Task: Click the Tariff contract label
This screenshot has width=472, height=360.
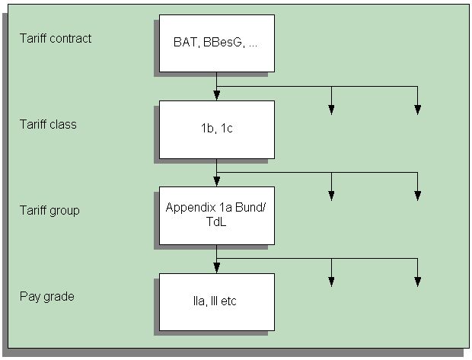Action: tap(56, 38)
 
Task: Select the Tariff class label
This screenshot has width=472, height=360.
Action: tap(48, 124)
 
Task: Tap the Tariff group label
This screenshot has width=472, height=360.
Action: tap(49, 210)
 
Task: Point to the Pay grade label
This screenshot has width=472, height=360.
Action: tap(47, 296)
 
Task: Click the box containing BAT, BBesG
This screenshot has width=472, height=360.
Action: tap(216, 43)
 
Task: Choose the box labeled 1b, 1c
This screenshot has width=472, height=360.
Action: tap(216, 129)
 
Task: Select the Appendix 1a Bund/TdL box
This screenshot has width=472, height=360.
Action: tap(216, 215)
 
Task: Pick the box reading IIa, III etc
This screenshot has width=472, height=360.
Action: tap(216, 301)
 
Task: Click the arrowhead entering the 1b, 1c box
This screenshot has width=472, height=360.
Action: tap(217, 96)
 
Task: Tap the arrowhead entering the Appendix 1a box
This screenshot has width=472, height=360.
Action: tap(217, 182)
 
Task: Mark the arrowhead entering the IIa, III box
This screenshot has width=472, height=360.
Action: tap(217, 268)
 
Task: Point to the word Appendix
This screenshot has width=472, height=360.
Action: tap(190, 207)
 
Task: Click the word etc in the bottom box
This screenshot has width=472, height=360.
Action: tap(228, 301)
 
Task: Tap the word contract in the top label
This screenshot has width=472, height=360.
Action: tap(72, 38)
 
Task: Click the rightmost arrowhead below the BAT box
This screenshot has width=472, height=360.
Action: tap(417, 110)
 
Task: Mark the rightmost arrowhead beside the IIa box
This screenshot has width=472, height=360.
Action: tap(417, 282)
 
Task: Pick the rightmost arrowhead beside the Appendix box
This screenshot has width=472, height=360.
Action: tap(417, 196)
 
